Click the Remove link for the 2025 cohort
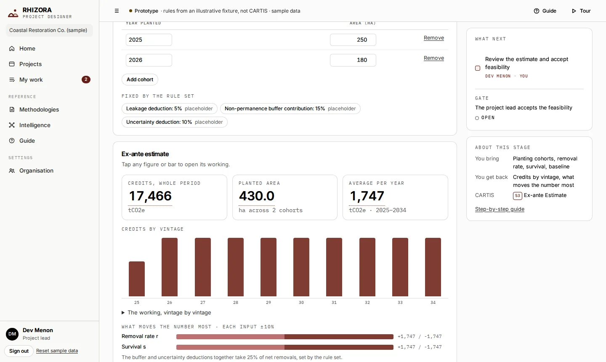[433, 38]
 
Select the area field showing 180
[353, 60]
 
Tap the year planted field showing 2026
[149, 60]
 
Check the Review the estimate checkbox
[478, 68]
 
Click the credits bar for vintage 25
[137, 279]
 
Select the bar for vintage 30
[301, 267]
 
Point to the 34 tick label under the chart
[433, 303]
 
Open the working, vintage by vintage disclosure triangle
[123, 312]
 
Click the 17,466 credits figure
[150, 196]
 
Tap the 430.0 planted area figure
[256, 196]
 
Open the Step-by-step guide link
[500, 209]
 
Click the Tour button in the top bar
[581, 11]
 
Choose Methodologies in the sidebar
[39, 109]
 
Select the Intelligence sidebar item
[35, 125]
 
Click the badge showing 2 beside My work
[86, 80]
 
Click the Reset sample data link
[57, 351]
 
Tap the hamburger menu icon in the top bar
[117, 11]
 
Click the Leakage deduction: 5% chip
[169, 109]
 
